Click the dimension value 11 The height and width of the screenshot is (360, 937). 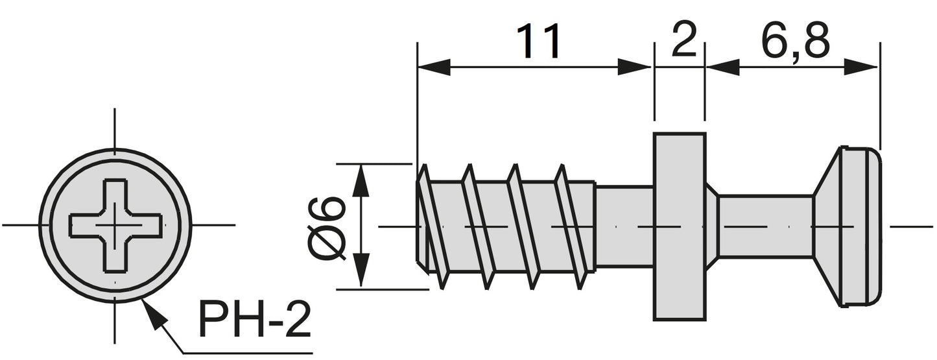(538, 43)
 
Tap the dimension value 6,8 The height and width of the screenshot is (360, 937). (795, 43)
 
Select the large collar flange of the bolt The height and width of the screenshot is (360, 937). (679, 226)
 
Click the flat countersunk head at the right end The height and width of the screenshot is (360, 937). (849, 226)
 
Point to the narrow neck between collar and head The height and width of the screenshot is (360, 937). (765, 226)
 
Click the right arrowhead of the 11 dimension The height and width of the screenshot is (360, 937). (634, 66)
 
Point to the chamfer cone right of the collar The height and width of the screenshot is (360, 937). (712, 226)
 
